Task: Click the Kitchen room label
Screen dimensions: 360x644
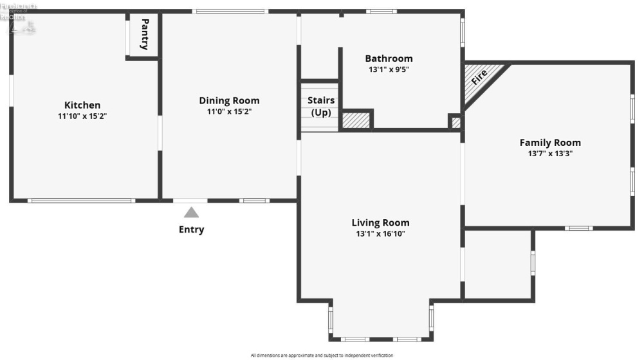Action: coord(82,105)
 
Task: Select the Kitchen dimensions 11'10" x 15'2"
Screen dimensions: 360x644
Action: coord(82,116)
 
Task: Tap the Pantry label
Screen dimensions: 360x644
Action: coord(145,35)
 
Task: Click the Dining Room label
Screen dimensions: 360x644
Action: coord(229,100)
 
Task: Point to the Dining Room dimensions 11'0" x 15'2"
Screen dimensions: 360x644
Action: coord(229,111)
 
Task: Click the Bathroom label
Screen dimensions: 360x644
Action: coord(389,59)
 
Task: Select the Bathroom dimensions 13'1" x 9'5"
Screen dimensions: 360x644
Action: coord(389,69)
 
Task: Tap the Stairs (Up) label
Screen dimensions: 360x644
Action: coord(320,107)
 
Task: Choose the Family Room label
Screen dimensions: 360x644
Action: coord(550,143)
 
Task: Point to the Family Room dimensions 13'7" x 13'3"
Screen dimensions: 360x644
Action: coord(550,154)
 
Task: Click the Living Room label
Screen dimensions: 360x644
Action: coord(380,223)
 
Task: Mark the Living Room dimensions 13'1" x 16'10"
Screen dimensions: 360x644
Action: coord(380,234)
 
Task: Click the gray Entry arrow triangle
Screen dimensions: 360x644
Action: coord(191,213)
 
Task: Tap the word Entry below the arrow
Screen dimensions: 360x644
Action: coord(191,230)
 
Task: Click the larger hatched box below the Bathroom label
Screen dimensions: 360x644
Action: coord(356,120)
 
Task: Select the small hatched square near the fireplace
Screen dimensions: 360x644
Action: coord(455,122)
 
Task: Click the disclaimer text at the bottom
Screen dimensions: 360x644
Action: coord(322,355)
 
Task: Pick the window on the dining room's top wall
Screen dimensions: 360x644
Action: coord(230,11)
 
